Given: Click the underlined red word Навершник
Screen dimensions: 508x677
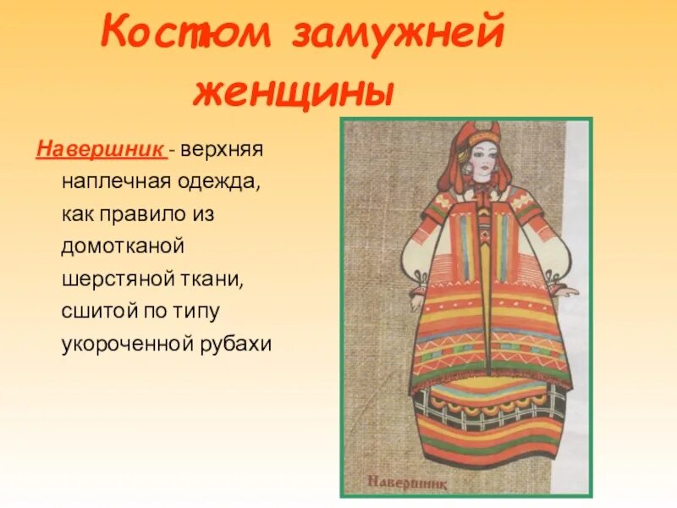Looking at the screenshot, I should (100, 150).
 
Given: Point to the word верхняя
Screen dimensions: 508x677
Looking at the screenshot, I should (222, 150).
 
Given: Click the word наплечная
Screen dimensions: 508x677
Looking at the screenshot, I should (113, 181).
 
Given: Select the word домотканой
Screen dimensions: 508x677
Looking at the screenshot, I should (122, 246).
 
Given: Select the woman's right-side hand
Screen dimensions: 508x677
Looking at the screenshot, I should (573, 290).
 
